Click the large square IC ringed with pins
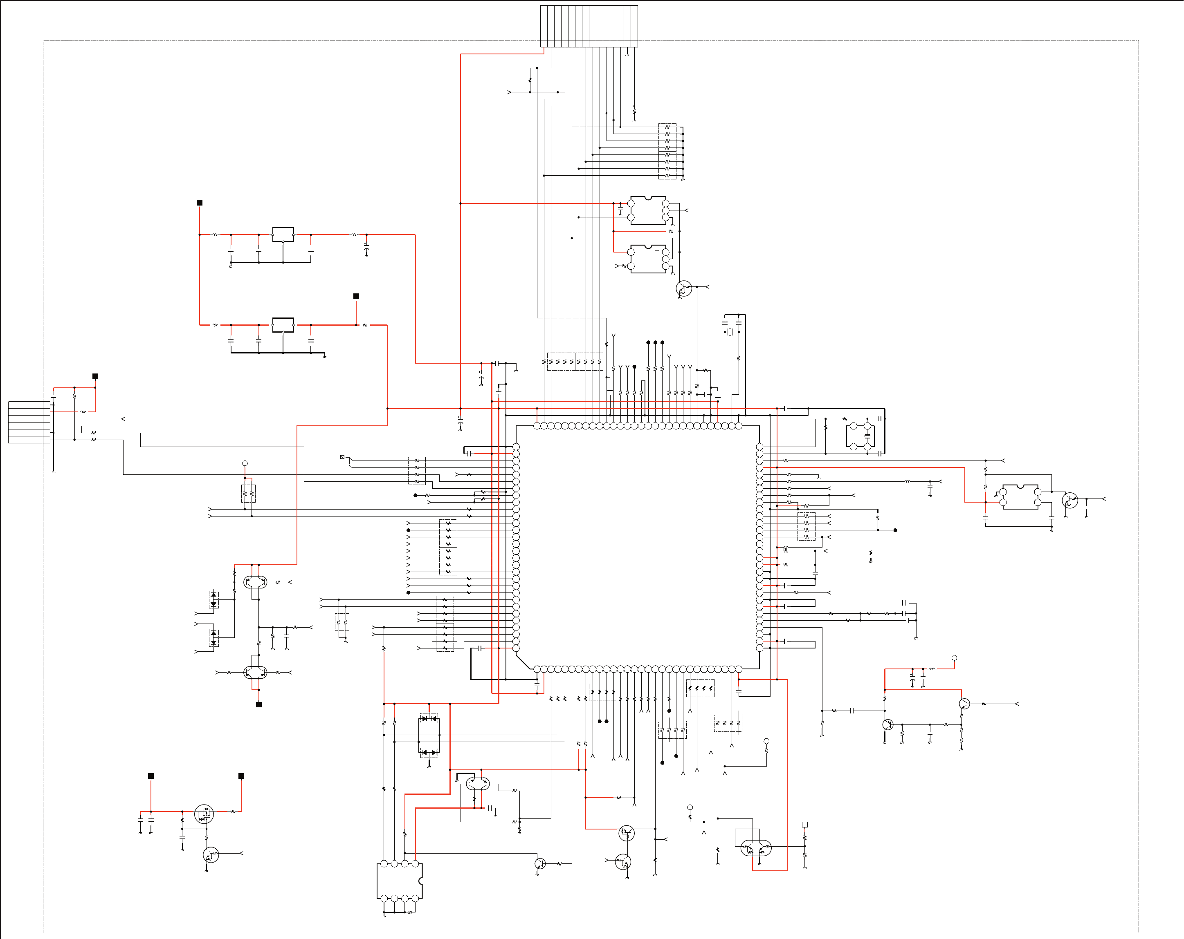pos(637,547)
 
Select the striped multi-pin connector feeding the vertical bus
pos(589,26)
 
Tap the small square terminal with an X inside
pos(342,456)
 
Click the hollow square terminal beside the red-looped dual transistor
pos(804,824)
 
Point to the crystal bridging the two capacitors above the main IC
pos(730,331)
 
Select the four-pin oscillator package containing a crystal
pos(860,436)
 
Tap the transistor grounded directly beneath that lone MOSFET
pos(210,854)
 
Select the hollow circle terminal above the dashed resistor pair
pos(245,463)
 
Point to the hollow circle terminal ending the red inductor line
pos(955,657)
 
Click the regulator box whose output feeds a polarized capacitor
pos(283,234)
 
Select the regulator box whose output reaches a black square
pos(283,325)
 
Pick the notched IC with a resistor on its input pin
pos(648,259)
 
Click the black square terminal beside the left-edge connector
pos(95,376)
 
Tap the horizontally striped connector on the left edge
pos(29,422)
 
